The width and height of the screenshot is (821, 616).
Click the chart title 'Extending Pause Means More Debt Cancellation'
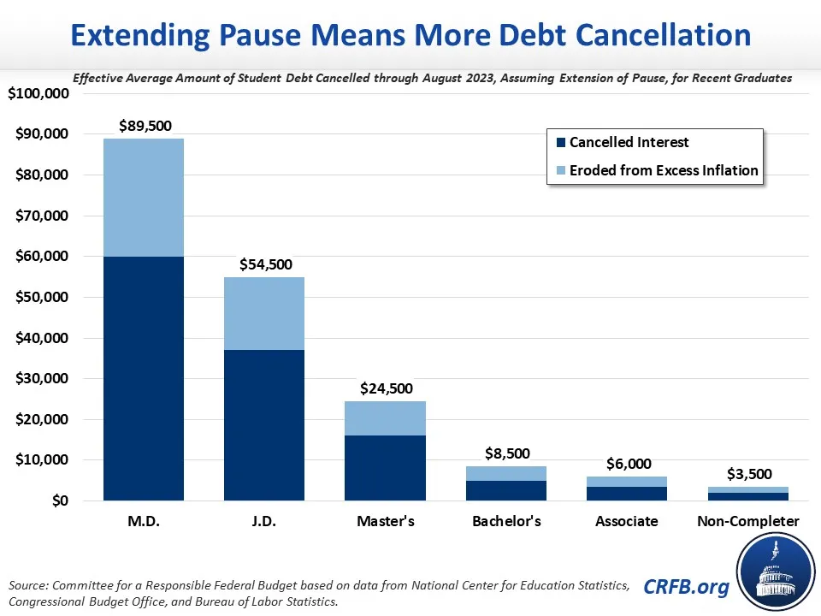(x=410, y=35)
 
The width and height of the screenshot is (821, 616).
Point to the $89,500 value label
(x=144, y=126)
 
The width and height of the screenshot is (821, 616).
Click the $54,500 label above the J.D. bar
(x=264, y=264)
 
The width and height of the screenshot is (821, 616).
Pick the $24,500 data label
(x=385, y=388)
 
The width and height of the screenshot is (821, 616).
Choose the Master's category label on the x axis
(x=385, y=521)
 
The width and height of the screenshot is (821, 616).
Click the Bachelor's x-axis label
(x=505, y=521)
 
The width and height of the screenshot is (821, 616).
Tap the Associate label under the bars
(x=626, y=521)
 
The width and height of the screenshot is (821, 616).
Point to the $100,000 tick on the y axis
(x=38, y=93)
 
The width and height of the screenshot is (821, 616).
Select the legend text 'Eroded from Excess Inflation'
(x=664, y=170)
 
